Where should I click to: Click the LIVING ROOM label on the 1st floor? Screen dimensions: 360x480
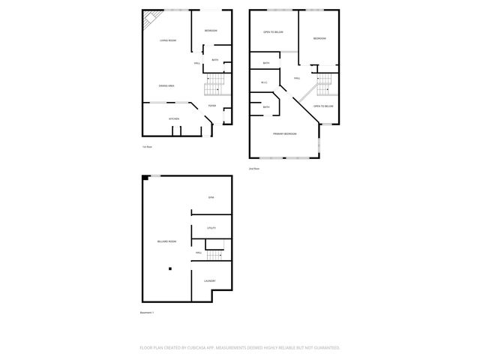pyautogui.click(x=167, y=40)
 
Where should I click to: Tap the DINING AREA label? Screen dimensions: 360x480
pyautogui.click(x=167, y=86)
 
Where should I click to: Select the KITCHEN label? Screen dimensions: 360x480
pyautogui.click(x=173, y=118)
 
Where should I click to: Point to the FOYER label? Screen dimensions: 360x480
pyautogui.click(x=212, y=106)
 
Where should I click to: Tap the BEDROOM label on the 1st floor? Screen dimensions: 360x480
pyautogui.click(x=211, y=31)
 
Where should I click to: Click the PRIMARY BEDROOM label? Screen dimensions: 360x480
pyautogui.click(x=284, y=133)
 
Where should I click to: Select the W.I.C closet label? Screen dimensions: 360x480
pyautogui.click(x=264, y=82)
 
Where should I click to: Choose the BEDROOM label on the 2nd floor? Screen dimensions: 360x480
pyautogui.click(x=319, y=38)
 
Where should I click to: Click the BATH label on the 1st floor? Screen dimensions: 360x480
pyautogui.click(x=215, y=60)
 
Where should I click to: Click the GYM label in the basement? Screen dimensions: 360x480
pyautogui.click(x=211, y=196)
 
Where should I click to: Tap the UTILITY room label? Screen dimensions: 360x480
pyautogui.click(x=211, y=227)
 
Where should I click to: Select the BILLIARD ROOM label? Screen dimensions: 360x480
pyautogui.click(x=167, y=241)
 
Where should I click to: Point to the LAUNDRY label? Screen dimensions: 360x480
pyautogui.click(x=210, y=281)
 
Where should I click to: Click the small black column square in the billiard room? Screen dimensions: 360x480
pyautogui.click(x=170, y=268)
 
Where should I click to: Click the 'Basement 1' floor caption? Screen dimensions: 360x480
pyautogui.click(x=147, y=312)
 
